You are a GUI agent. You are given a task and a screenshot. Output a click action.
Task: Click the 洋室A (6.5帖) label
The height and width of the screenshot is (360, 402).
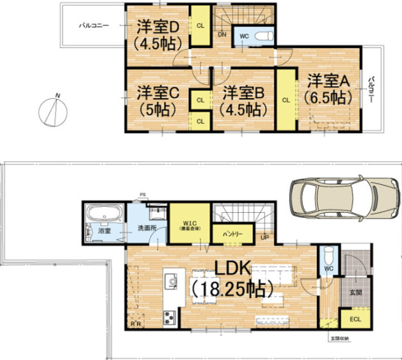(328, 90)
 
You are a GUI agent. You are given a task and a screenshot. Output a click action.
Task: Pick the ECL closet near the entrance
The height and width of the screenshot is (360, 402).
(356, 318)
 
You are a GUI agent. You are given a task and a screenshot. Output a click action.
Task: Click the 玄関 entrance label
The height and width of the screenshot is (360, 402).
(356, 293)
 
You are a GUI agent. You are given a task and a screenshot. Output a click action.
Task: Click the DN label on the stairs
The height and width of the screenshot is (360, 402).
(222, 34)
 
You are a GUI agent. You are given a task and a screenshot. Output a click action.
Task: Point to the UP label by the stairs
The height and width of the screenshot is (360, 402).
(264, 237)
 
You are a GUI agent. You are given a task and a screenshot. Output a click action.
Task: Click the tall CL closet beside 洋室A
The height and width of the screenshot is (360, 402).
(285, 100)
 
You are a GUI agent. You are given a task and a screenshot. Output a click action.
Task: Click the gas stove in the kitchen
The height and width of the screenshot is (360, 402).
(170, 317)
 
